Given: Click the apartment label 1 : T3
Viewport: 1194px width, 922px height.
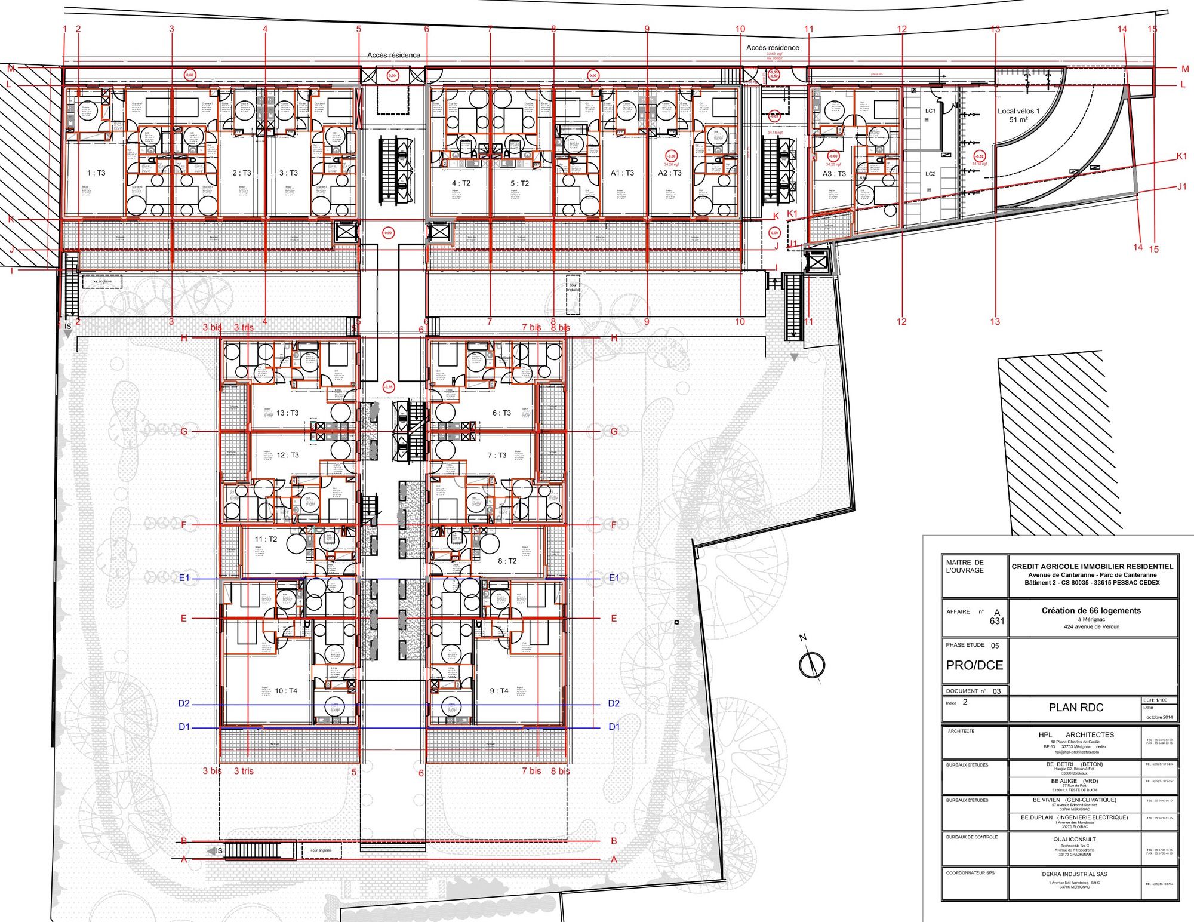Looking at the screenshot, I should (96, 173).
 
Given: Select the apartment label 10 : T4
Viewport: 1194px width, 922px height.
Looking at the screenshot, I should (286, 691).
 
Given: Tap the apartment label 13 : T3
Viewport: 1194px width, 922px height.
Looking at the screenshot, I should (288, 413).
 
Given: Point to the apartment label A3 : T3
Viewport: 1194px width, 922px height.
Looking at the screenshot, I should (834, 174).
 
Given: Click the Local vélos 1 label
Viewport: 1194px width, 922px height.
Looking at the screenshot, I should (1018, 111).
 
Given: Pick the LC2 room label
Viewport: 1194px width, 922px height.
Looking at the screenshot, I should (930, 174).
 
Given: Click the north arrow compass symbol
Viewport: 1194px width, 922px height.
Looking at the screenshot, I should (811, 664).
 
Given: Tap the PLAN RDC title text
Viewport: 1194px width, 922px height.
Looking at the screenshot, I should (1076, 708).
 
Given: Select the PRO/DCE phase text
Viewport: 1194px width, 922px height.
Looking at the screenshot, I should (974, 665).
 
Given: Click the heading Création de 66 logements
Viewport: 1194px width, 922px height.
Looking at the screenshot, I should (1091, 611).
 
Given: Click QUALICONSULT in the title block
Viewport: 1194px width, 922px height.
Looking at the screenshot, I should (1074, 839).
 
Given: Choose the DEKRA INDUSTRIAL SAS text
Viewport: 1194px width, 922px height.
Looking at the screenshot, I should (1074, 874).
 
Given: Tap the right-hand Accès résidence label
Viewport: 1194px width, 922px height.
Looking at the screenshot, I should (772, 48).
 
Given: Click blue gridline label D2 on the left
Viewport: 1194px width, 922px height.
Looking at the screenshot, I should (184, 703).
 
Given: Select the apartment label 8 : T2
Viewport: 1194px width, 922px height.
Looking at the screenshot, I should (507, 561).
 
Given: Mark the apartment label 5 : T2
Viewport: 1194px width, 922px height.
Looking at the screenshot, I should (519, 183).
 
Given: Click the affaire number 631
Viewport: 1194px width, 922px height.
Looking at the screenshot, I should (996, 621).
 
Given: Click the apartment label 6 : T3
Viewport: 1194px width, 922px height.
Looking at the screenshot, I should (501, 413).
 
